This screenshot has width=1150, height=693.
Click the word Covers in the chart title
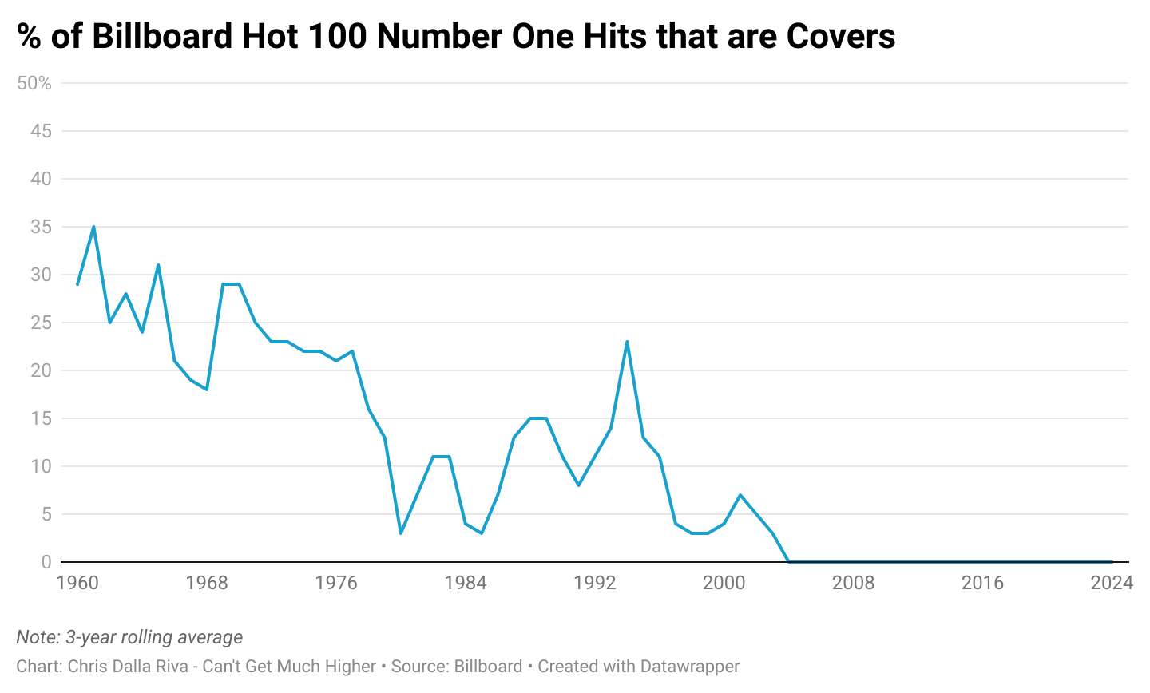[840, 36]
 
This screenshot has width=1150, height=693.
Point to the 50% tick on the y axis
[34, 83]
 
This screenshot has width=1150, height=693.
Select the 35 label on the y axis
[41, 227]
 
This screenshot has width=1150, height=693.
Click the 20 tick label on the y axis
[41, 370]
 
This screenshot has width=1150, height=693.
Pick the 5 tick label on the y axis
[46, 514]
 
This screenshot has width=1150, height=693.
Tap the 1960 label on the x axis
[77, 583]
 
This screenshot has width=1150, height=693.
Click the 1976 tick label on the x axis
[336, 583]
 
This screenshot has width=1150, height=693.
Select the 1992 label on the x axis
[595, 583]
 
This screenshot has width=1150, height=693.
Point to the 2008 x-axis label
[853, 583]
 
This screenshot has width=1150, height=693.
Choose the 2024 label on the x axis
[1111, 583]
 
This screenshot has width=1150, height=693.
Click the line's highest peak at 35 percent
[93, 227]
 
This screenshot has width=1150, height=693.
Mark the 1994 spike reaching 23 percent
[627, 342]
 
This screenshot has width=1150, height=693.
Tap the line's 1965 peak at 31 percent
[158, 265]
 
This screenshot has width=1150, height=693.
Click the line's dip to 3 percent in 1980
[401, 533]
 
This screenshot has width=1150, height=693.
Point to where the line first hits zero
[789, 562]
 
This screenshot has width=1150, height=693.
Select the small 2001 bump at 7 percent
[740, 495]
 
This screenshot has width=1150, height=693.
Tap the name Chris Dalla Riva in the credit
[128, 666]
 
